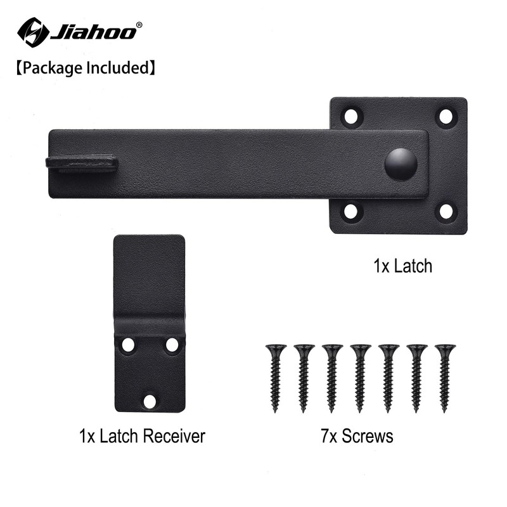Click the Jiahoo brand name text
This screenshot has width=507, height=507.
point(92,31)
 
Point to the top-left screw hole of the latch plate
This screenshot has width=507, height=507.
point(351,117)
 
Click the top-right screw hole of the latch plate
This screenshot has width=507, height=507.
point(446,117)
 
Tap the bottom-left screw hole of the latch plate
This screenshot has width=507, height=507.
point(351,212)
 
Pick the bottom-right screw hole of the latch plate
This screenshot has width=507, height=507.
point(446,212)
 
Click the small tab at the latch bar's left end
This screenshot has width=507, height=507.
point(82,163)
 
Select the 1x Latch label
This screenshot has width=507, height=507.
point(402,266)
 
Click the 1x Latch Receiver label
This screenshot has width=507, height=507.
point(142,436)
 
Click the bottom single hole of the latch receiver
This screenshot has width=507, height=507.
point(150,401)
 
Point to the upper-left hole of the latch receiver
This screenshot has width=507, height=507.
point(128,345)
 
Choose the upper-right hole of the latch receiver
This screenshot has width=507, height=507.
point(172,345)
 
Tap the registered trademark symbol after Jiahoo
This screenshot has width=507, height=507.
point(139,25)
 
